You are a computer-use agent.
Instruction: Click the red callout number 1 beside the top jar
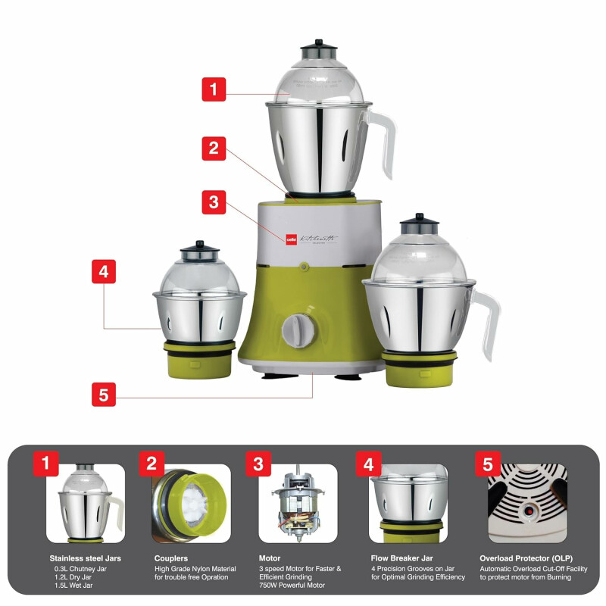click(214, 89)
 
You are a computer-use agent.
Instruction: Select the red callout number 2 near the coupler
click(214, 148)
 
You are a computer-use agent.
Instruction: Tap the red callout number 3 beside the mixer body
click(214, 202)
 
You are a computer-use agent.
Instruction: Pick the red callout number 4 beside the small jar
click(104, 271)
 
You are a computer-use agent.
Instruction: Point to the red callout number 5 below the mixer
click(104, 394)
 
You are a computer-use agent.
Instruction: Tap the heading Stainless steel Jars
click(85, 558)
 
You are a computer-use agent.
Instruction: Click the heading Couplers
click(171, 558)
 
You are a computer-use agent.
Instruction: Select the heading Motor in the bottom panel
click(270, 558)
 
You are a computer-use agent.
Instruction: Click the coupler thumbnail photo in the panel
click(190, 503)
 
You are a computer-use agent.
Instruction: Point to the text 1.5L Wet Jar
click(74, 586)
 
